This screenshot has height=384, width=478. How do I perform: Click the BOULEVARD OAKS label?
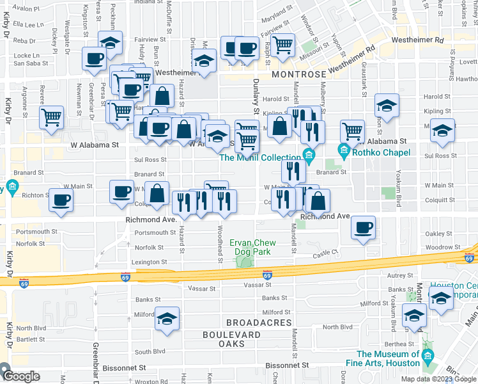(x=231, y=339)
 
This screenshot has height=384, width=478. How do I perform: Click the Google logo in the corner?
(x=20, y=376)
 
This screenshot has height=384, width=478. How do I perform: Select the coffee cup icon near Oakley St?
(x=363, y=228)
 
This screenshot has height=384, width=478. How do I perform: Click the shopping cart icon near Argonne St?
(x=51, y=117)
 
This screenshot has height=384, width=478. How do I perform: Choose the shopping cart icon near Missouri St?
(x=282, y=45)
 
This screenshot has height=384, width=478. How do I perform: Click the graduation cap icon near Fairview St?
(x=111, y=43)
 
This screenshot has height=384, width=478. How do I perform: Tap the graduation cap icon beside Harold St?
(x=387, y=105)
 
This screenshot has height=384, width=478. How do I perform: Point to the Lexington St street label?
(x=149, y=262)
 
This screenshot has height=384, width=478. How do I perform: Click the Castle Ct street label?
(x=325, y=254)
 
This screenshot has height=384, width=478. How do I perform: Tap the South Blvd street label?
(x=150, y=351)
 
